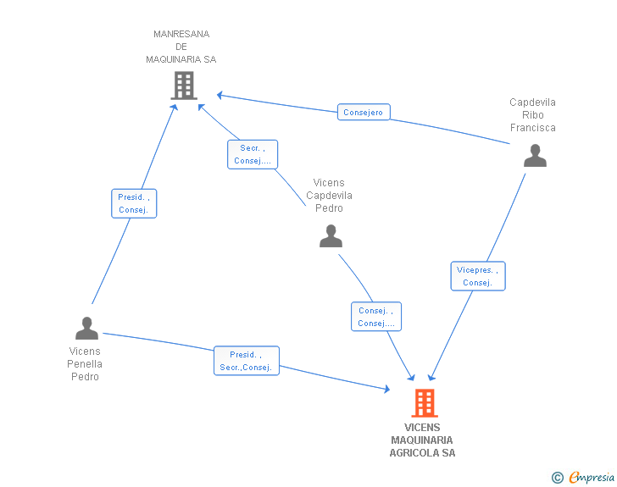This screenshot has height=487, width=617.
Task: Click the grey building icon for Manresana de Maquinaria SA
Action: pos(184,86)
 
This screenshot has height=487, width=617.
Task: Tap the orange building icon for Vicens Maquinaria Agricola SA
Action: pos(425,403)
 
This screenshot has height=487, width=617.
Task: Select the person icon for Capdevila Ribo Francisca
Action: pos(535,156)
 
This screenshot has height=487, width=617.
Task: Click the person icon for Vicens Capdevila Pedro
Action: pos(331,236)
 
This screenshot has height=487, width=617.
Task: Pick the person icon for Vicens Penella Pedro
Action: pos(86,328)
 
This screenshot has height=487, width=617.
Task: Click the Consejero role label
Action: pos(364,112)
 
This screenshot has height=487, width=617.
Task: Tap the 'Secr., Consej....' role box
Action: pos(253,154)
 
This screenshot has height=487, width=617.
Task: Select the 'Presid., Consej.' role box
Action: pos(134,203)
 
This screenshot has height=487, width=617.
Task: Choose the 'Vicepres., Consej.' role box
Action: pos(478,276)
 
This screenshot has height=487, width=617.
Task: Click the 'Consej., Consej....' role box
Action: pos(376,317)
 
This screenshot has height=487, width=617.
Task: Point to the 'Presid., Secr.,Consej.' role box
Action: pos(246,361)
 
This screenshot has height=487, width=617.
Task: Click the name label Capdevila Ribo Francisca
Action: pos(532,115)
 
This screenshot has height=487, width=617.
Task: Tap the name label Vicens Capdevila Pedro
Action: pos(329,196)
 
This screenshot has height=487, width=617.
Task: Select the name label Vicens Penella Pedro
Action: pos(84,364)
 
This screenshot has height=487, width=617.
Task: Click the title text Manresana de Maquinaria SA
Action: pos(181,47)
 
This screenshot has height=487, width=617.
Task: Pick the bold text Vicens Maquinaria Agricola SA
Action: pos(422,440)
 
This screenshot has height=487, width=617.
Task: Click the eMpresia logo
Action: pos(592,478)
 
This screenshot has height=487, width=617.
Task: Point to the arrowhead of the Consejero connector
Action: pos(220,94)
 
